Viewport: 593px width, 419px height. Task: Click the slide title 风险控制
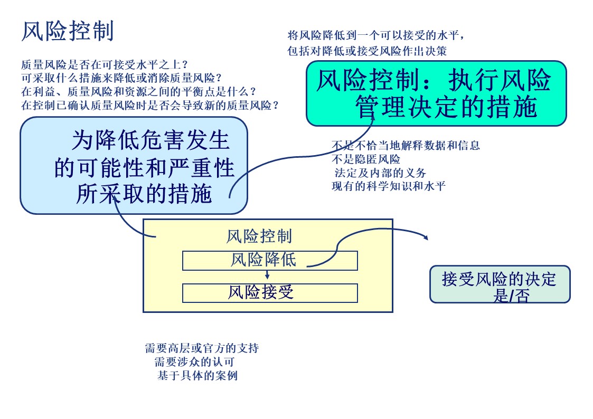point(68,32)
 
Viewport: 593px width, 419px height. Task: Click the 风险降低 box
point(270,260)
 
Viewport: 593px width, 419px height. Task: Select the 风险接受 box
point(270,293)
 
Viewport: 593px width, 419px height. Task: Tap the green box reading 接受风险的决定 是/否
point(500,284)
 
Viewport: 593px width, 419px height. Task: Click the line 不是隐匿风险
point(365,159)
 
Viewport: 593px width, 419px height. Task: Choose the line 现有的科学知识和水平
point(388,186)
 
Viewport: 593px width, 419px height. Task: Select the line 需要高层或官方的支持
point(202,348)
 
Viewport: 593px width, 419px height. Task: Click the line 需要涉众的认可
point(194,362)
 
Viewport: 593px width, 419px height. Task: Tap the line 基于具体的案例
point(197,376)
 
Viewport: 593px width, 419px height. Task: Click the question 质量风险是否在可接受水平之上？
point(105,65)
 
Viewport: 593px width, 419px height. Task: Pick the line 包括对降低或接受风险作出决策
point(367,51)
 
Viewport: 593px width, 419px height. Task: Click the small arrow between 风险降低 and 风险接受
point(268,275)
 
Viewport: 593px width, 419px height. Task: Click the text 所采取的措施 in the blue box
point(144,194)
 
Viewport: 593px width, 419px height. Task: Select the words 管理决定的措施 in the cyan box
point(446,107)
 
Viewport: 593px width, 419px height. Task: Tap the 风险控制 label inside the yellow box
point(259,236)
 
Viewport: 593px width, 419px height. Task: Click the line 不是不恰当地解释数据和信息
point(406,146)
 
